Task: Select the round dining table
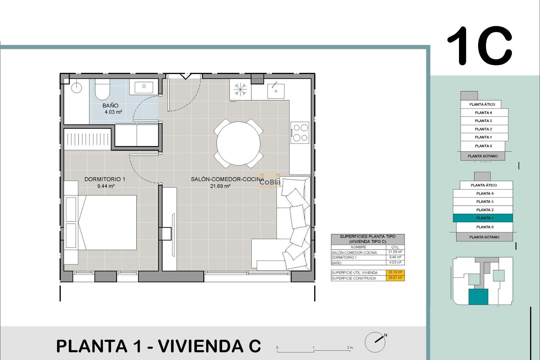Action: pyautogui.click(x=238, y=143)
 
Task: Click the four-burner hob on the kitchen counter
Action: pyautogui.click(x=300, y=132)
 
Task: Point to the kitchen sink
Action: pyautogui.click(x=276, y=91)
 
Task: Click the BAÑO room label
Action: pyautogui.click(x=110, y=105)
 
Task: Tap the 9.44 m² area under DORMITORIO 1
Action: pyautogui.click(x=106, y=186)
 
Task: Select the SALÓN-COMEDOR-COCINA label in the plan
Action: pyautogui.click(x=227, y=179)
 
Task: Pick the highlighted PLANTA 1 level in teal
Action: pyautogui.click(x=483, y=218)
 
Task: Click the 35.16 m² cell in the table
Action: pyautogui.click(x=395, y=272)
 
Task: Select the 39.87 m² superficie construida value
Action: pyautogui.click(x=395, y=278)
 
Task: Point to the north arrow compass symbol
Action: pyautogui.click(x=375, y=342)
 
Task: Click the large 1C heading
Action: pyautogui.click(x=480, y=46)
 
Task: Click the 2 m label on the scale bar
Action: pyautogui.click(x=350, y=348)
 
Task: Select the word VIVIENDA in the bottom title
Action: pyautogui.click(x=201, y=346)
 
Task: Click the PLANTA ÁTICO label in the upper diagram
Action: pyautogui.click(x=482, y=104)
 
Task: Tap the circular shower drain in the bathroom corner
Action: pyautogui.click(x=76, y=88)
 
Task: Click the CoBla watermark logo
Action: pyautogui.click(x=270, y=182)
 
